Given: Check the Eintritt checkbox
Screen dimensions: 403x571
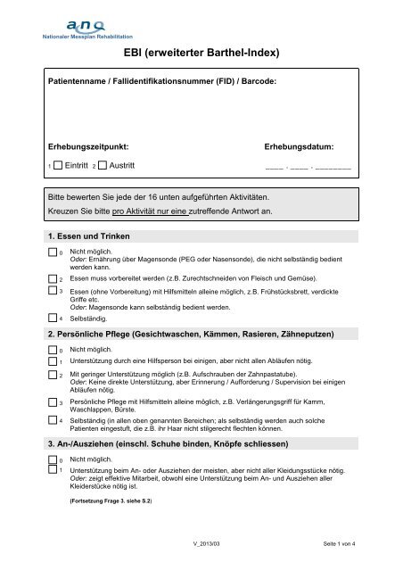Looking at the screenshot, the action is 58,166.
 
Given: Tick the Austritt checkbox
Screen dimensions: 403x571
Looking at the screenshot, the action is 102,166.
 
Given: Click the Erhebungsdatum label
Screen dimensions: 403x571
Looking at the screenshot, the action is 300,145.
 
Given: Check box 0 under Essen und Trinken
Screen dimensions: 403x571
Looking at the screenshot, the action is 52,253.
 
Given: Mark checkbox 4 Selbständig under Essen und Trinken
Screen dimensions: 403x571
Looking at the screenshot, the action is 52,317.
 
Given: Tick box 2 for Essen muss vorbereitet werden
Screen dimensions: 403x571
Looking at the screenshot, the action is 52,277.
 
